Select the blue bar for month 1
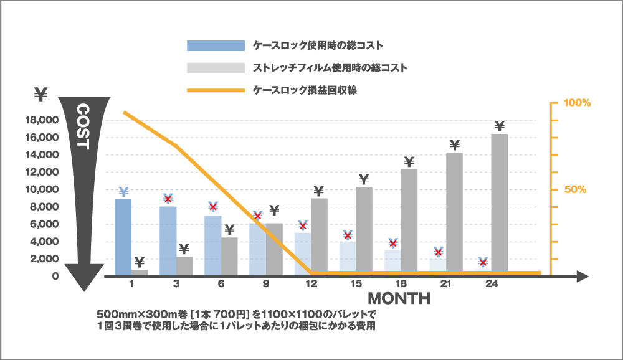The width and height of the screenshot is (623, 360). (x=123, y=237)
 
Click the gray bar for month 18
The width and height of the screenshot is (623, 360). (x=409, y=221)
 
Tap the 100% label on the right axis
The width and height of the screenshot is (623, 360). (x=577, y=103)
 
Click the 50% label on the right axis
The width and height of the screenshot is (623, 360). (x=576, y=189)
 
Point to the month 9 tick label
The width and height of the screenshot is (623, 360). (x=266, y=284)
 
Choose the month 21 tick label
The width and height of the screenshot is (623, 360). (x=445, y=284)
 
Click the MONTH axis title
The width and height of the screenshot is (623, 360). (x=399, y=298)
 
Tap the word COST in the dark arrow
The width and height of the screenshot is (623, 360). (x=83, y=127)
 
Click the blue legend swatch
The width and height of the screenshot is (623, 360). (x=216, y=45)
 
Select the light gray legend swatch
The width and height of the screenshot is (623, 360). (x=216, y=67)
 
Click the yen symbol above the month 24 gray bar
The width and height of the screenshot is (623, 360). (x=499, y=126)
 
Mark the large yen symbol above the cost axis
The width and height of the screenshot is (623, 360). (x=41, y=95)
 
